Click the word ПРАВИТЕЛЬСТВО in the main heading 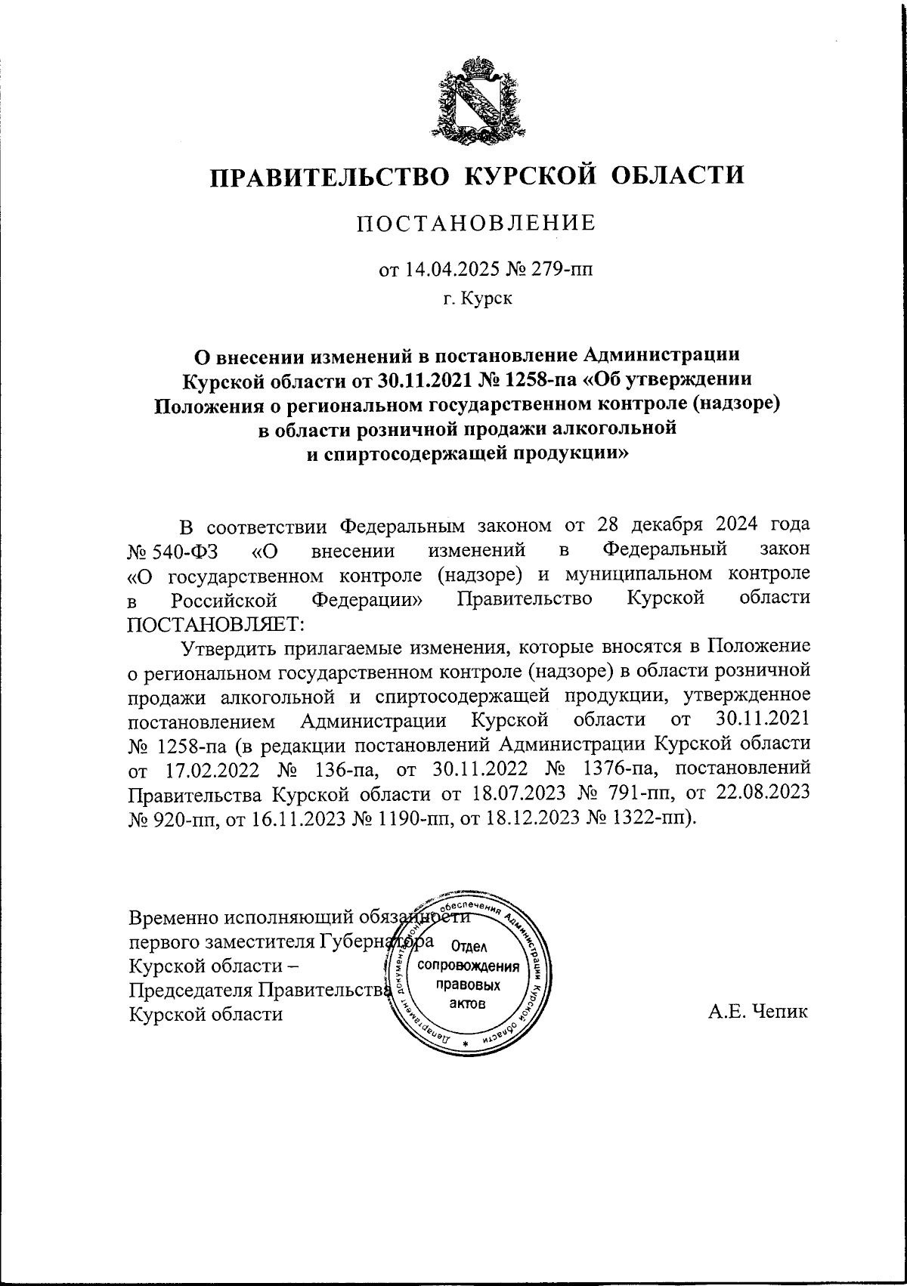[x=327, y=176]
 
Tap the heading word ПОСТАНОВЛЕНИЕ [x=476, y=223]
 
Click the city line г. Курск [x=477, y=299]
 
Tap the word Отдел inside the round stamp [x=471, y=946]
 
